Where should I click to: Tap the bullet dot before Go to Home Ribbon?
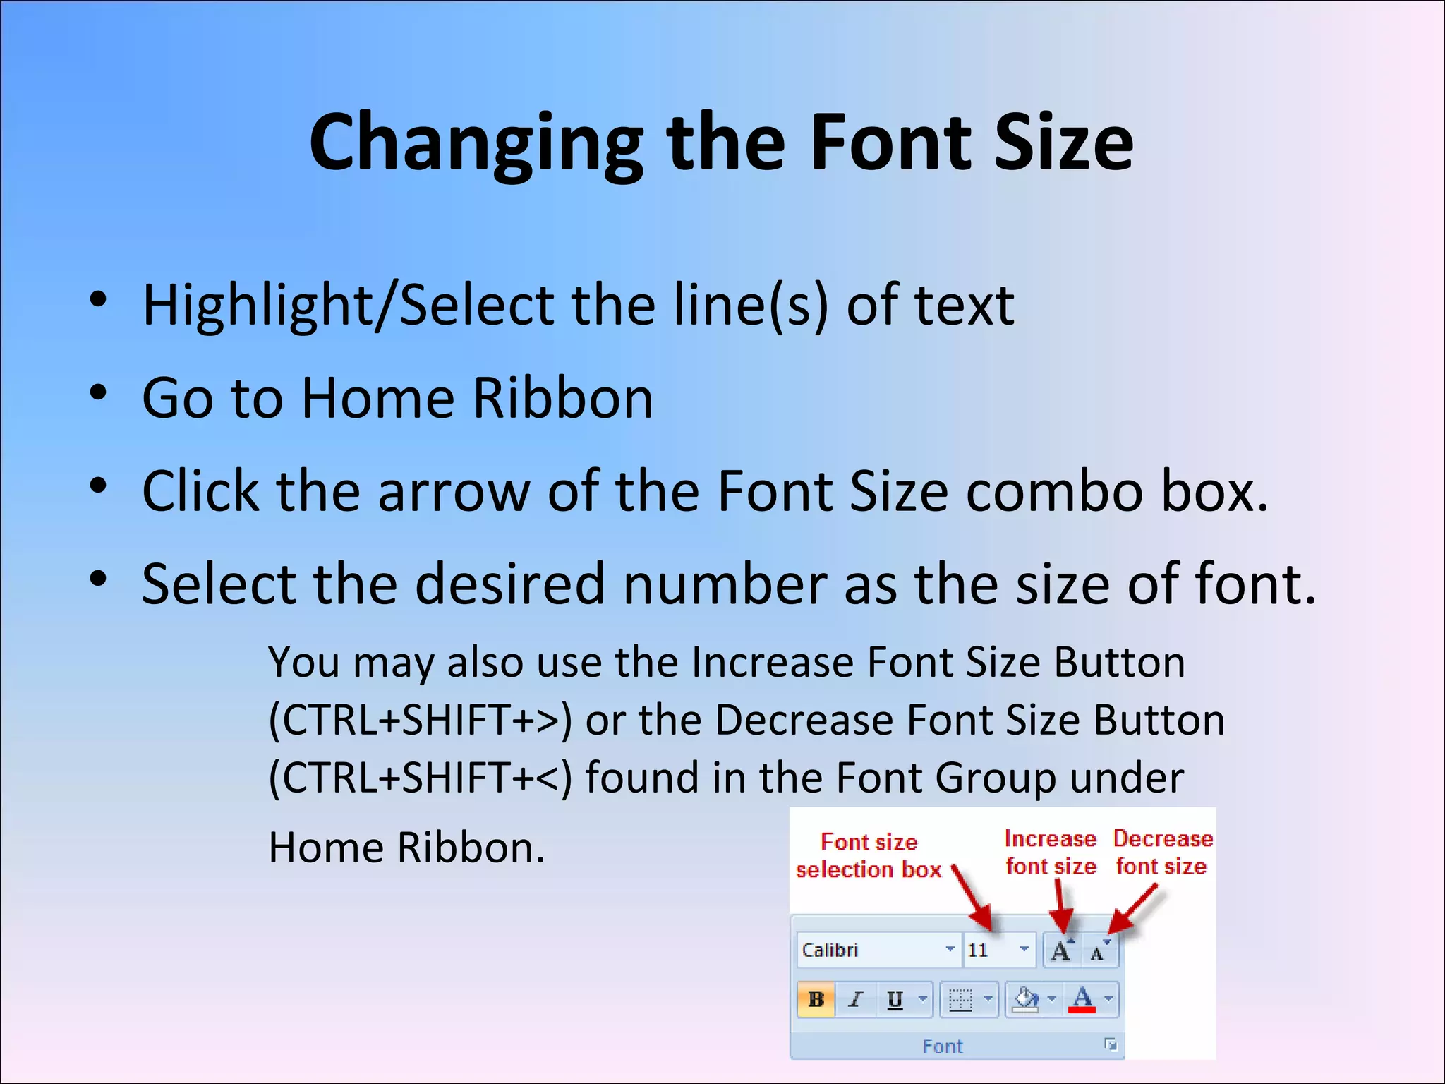98,393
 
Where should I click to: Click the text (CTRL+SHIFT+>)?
420,721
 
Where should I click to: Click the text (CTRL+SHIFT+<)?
420,778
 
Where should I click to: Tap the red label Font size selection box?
869,856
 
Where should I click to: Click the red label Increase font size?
1051,853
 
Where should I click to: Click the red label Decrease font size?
1162,853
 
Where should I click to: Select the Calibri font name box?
871,951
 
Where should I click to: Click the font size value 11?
978,951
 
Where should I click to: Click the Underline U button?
895,999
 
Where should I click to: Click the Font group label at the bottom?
942,1046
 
